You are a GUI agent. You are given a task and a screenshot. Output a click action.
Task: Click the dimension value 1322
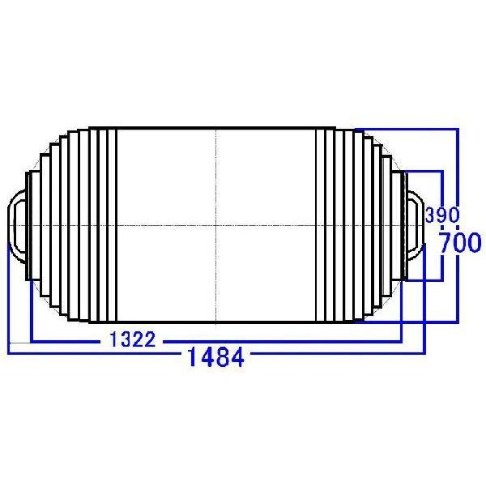coord(132,339)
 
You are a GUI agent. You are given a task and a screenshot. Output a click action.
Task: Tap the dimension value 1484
coord(215,356)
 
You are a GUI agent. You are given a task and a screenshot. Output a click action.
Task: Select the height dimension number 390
coord(442,215)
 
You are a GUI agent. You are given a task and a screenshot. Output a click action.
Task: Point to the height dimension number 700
coord(459,243)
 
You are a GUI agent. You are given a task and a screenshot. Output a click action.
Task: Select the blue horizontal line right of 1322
coord(283,340)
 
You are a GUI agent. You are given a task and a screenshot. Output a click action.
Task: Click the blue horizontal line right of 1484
coord(332,354)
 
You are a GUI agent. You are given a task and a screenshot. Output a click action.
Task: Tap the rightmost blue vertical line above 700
coord(458,178)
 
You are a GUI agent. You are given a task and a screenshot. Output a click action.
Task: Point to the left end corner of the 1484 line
coord(8,353)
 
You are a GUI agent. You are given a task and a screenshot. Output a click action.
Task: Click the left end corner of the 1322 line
coord(31,340)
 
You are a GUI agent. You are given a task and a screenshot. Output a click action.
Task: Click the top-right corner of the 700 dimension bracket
coord(458,127)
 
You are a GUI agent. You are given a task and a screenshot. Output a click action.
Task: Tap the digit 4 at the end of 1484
coord(237,356)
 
